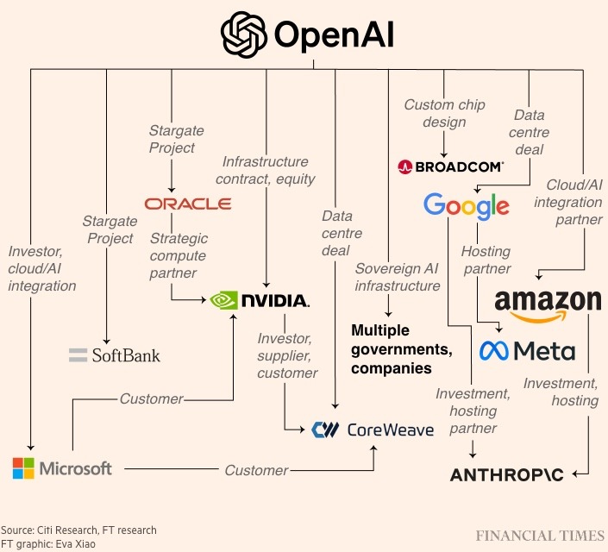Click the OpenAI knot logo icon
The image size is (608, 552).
point(244,34)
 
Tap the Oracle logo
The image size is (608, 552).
point(188,204)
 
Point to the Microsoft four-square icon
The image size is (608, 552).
point(23,468)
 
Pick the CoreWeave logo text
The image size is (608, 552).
point(390,429)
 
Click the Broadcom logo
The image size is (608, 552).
point(451,166)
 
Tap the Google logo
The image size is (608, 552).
point(466,206)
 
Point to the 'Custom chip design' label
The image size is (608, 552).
point(444,113)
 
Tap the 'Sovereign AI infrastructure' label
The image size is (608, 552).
point(398,277)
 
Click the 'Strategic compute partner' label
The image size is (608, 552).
point(178,255)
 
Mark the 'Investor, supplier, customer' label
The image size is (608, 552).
point(287,355)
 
